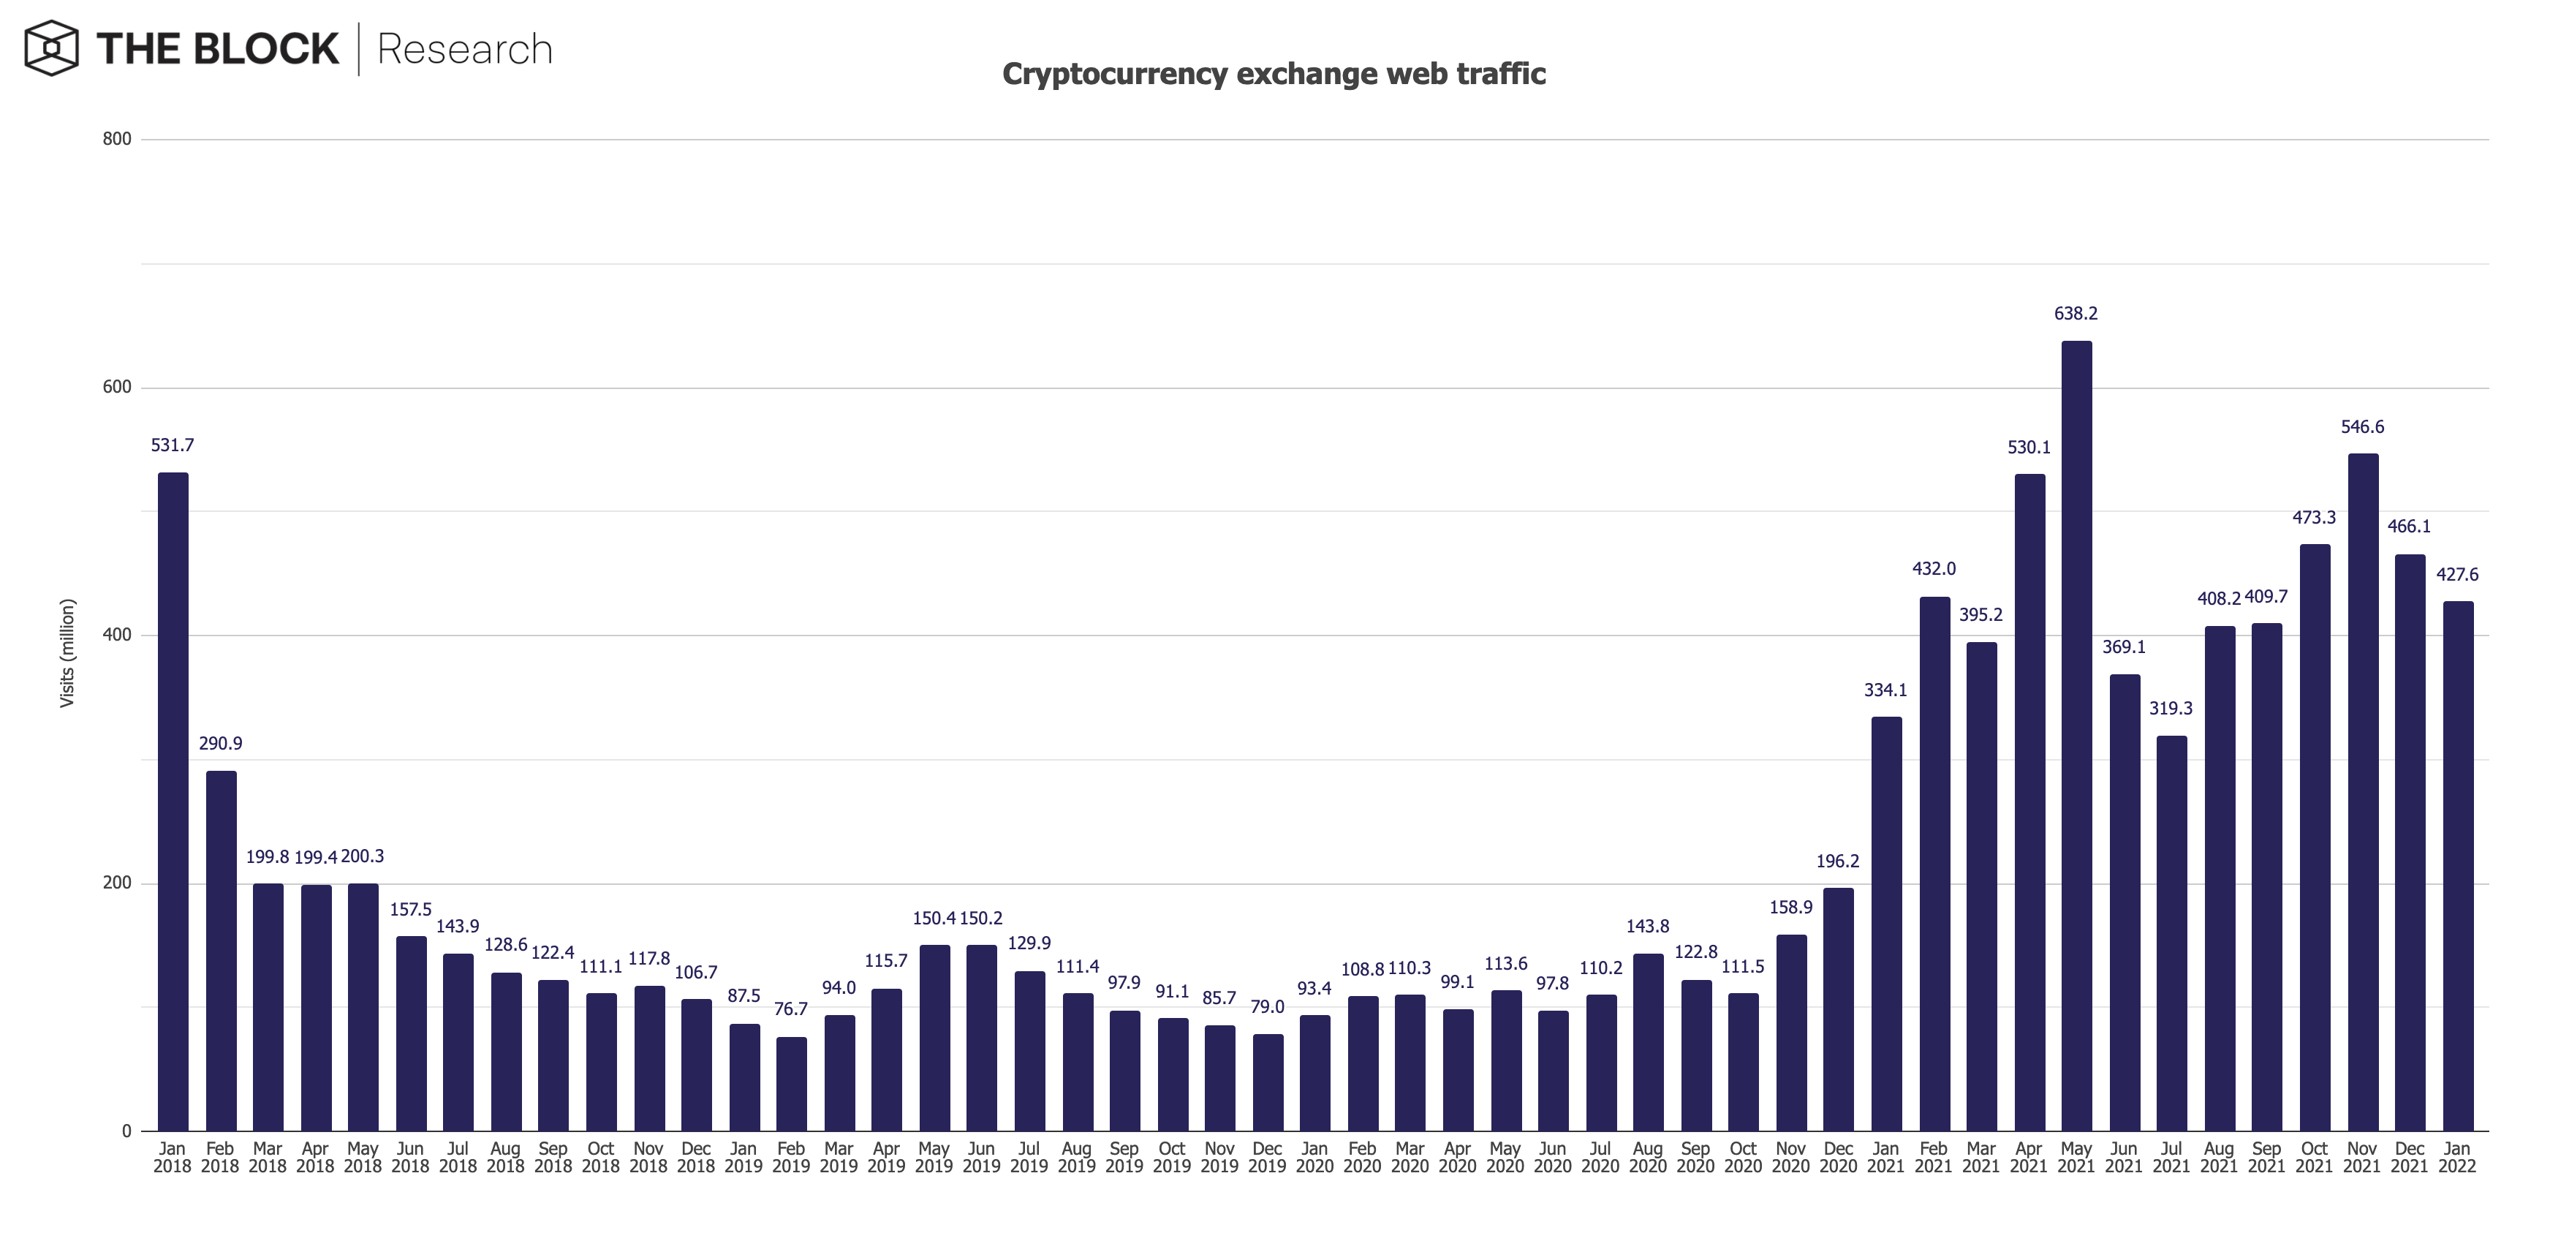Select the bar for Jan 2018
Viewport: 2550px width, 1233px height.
tap(173, 802)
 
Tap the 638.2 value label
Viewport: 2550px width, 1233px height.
tap(2076, 314)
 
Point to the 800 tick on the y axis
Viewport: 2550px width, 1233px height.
tap(117, 140)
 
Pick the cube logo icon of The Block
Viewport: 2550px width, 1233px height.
tap(51, 48)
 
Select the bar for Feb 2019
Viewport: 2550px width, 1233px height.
tap(791, 1085)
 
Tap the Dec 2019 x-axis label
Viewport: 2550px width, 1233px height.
tap(1267, 1157)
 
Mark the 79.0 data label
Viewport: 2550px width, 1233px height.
tap(1267, 1007)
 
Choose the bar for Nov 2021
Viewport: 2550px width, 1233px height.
tap(2362, 792)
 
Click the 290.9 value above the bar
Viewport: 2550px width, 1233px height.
tap(220, 744)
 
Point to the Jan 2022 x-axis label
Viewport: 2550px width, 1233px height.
tap(2457, 1157)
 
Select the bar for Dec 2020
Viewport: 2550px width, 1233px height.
tap(1838, 1009)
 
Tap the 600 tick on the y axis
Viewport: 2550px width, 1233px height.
tap(117, 387)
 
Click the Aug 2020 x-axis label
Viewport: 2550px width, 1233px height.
tap(1647, 1157)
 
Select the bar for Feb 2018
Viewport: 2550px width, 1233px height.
tap(221, 951)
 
